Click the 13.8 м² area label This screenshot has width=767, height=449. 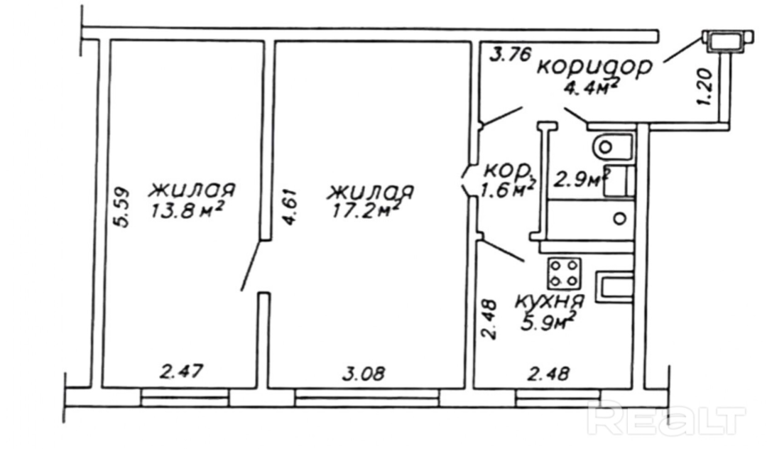coord(187,211)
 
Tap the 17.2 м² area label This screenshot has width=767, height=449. coord(366,211)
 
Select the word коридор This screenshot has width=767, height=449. coord(595,67)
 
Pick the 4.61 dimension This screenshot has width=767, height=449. coord(289,207)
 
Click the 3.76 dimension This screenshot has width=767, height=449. coord(510,54)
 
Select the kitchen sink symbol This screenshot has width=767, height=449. coord(615,288)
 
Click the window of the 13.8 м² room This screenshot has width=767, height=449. coord(185,396)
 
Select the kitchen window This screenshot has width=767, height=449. coord(557,396)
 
